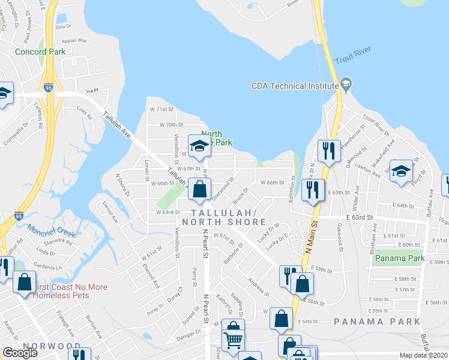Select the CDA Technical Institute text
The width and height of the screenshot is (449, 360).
click(295, 86)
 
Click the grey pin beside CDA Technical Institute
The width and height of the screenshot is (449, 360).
click(345, 83)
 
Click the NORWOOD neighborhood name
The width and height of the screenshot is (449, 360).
click(43, 346)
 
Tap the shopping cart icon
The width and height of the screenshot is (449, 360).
click(233, 340)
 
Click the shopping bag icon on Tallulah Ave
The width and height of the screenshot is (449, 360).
click(199, 188)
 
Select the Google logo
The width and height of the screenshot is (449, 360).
click(20, 353)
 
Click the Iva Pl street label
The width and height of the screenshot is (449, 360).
click(92, 90)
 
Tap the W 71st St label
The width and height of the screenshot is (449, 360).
click(161, 109)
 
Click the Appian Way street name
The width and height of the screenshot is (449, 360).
click(75, 41)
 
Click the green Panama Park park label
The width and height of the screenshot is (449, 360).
click(398, 259)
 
